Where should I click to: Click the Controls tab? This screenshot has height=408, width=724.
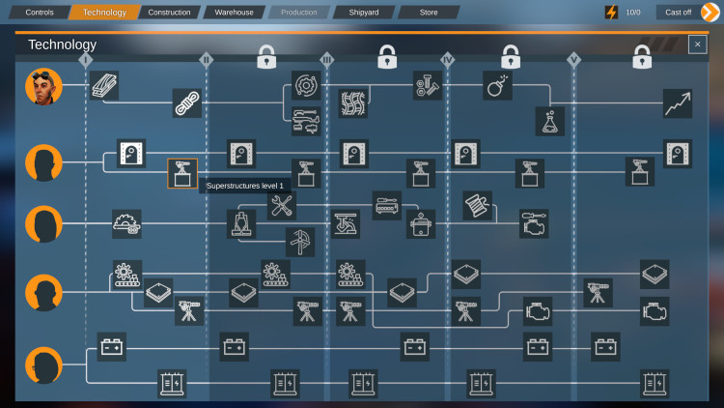[40, 13]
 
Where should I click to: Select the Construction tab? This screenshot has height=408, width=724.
[169, 13]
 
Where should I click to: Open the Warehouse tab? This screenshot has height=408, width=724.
[235, 13]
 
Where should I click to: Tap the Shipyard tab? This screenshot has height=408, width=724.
[364, 13]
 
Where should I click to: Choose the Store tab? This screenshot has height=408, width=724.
[429, 13]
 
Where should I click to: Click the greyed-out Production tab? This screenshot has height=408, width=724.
[298, 13]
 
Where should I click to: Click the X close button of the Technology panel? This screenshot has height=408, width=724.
[697, 44]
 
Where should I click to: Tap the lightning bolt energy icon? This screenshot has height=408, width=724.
[611, 13]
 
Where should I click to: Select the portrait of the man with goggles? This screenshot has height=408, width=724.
[43, 86]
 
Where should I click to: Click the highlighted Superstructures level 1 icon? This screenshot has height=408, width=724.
[182, 173]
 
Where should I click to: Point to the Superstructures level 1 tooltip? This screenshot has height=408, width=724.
[245, 186]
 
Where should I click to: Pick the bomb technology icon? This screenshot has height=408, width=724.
[497, 86]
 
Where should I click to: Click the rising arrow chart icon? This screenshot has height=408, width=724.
[678, 103]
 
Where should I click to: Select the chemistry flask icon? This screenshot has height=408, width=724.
[550, 121]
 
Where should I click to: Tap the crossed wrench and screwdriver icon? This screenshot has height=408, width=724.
[282, 205]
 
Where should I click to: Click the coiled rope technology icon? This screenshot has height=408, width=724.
[187, 103]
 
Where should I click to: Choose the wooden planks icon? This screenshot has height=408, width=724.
[104, 86]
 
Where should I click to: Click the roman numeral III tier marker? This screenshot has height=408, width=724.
[327, 60]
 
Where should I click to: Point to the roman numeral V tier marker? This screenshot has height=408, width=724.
[574, 60]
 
